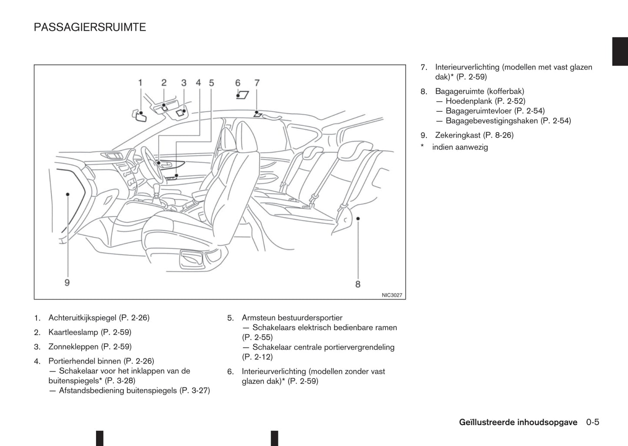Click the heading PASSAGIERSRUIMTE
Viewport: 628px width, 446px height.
(90, 27)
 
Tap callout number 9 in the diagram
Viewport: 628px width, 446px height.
(67, 283)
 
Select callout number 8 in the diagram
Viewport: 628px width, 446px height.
(358, 284)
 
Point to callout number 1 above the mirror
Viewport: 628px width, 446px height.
(140, 83)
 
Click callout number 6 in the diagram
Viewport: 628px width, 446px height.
(238, 83)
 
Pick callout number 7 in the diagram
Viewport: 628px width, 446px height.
(257, 83)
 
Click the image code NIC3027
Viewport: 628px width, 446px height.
(392, 295)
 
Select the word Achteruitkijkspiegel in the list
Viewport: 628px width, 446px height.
(83, 318)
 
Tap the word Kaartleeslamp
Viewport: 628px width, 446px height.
(73, 332)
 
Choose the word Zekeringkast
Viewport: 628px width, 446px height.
(458, 135)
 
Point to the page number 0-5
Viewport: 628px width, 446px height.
(592, 422)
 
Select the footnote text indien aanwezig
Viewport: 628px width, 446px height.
(460, 147)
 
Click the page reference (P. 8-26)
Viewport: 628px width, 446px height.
(498, 135)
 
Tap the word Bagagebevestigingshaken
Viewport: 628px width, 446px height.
(492, 121)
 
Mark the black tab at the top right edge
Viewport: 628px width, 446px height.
(620, 52)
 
